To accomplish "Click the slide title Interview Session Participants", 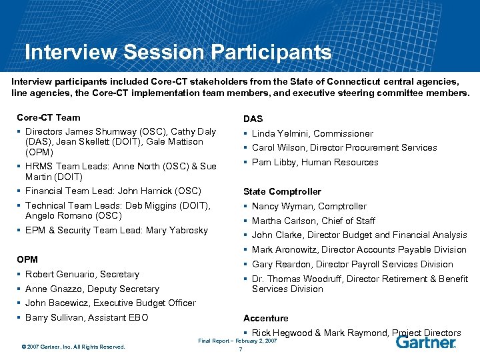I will [177, 52].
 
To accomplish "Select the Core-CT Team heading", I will [48, 117].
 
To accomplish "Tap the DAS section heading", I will [253, 119].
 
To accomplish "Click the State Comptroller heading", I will [282, 191].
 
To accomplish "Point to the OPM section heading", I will [27, 259].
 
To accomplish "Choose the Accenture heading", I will [266, 318].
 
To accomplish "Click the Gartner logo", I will [425, 342].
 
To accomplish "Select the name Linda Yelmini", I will [281, 133].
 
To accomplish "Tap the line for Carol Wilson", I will [344, 147].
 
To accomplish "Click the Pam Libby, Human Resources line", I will [315, 162].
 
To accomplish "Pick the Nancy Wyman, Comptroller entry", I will [309, 206].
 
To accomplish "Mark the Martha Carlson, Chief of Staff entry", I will [313, 221].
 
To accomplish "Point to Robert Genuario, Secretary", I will [82, 274].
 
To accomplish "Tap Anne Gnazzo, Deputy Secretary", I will [92, 289].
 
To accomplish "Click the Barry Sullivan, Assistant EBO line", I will [87, 317].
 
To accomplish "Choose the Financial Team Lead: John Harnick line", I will [113, 191].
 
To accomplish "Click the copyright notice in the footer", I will [73, 346].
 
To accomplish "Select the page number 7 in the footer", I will [239, 349].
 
